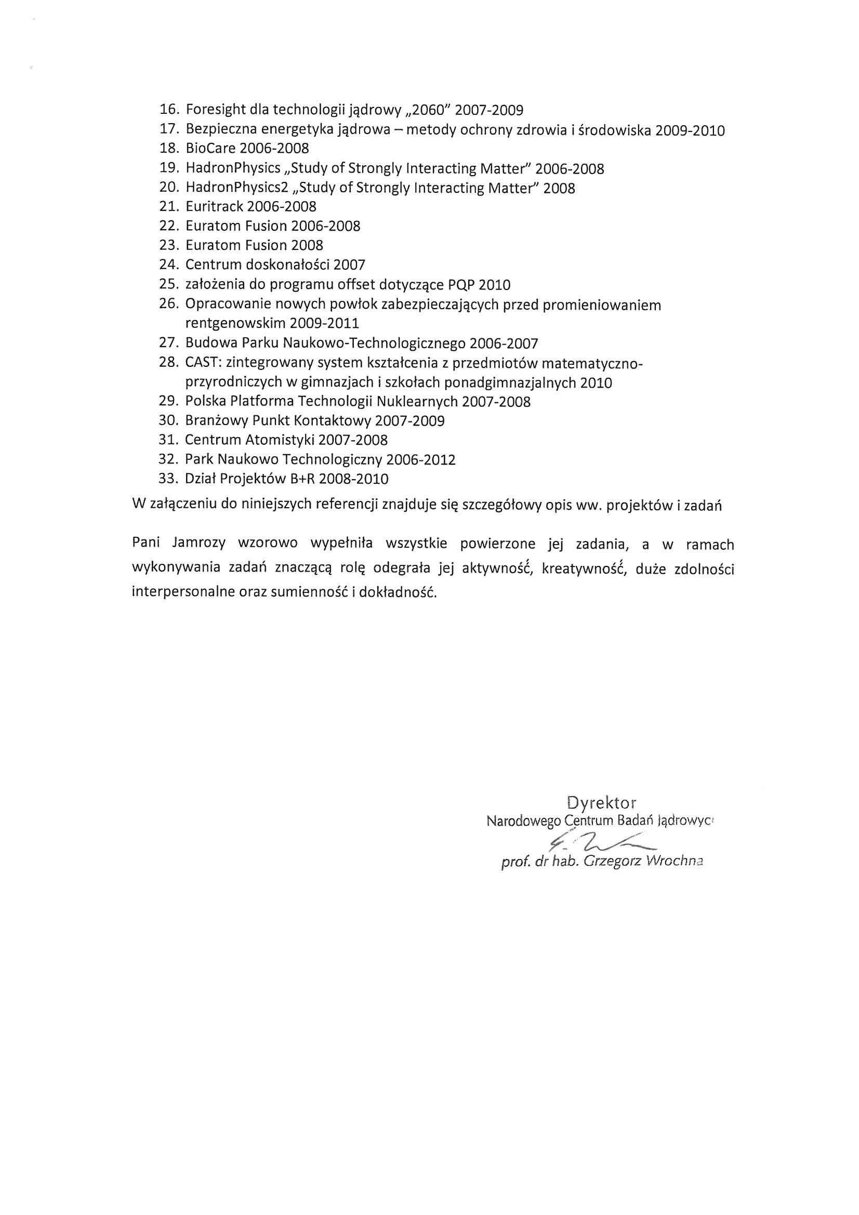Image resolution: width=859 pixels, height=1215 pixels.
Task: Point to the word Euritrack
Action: coord(214,207)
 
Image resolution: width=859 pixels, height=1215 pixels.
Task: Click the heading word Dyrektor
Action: coord(601,803)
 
